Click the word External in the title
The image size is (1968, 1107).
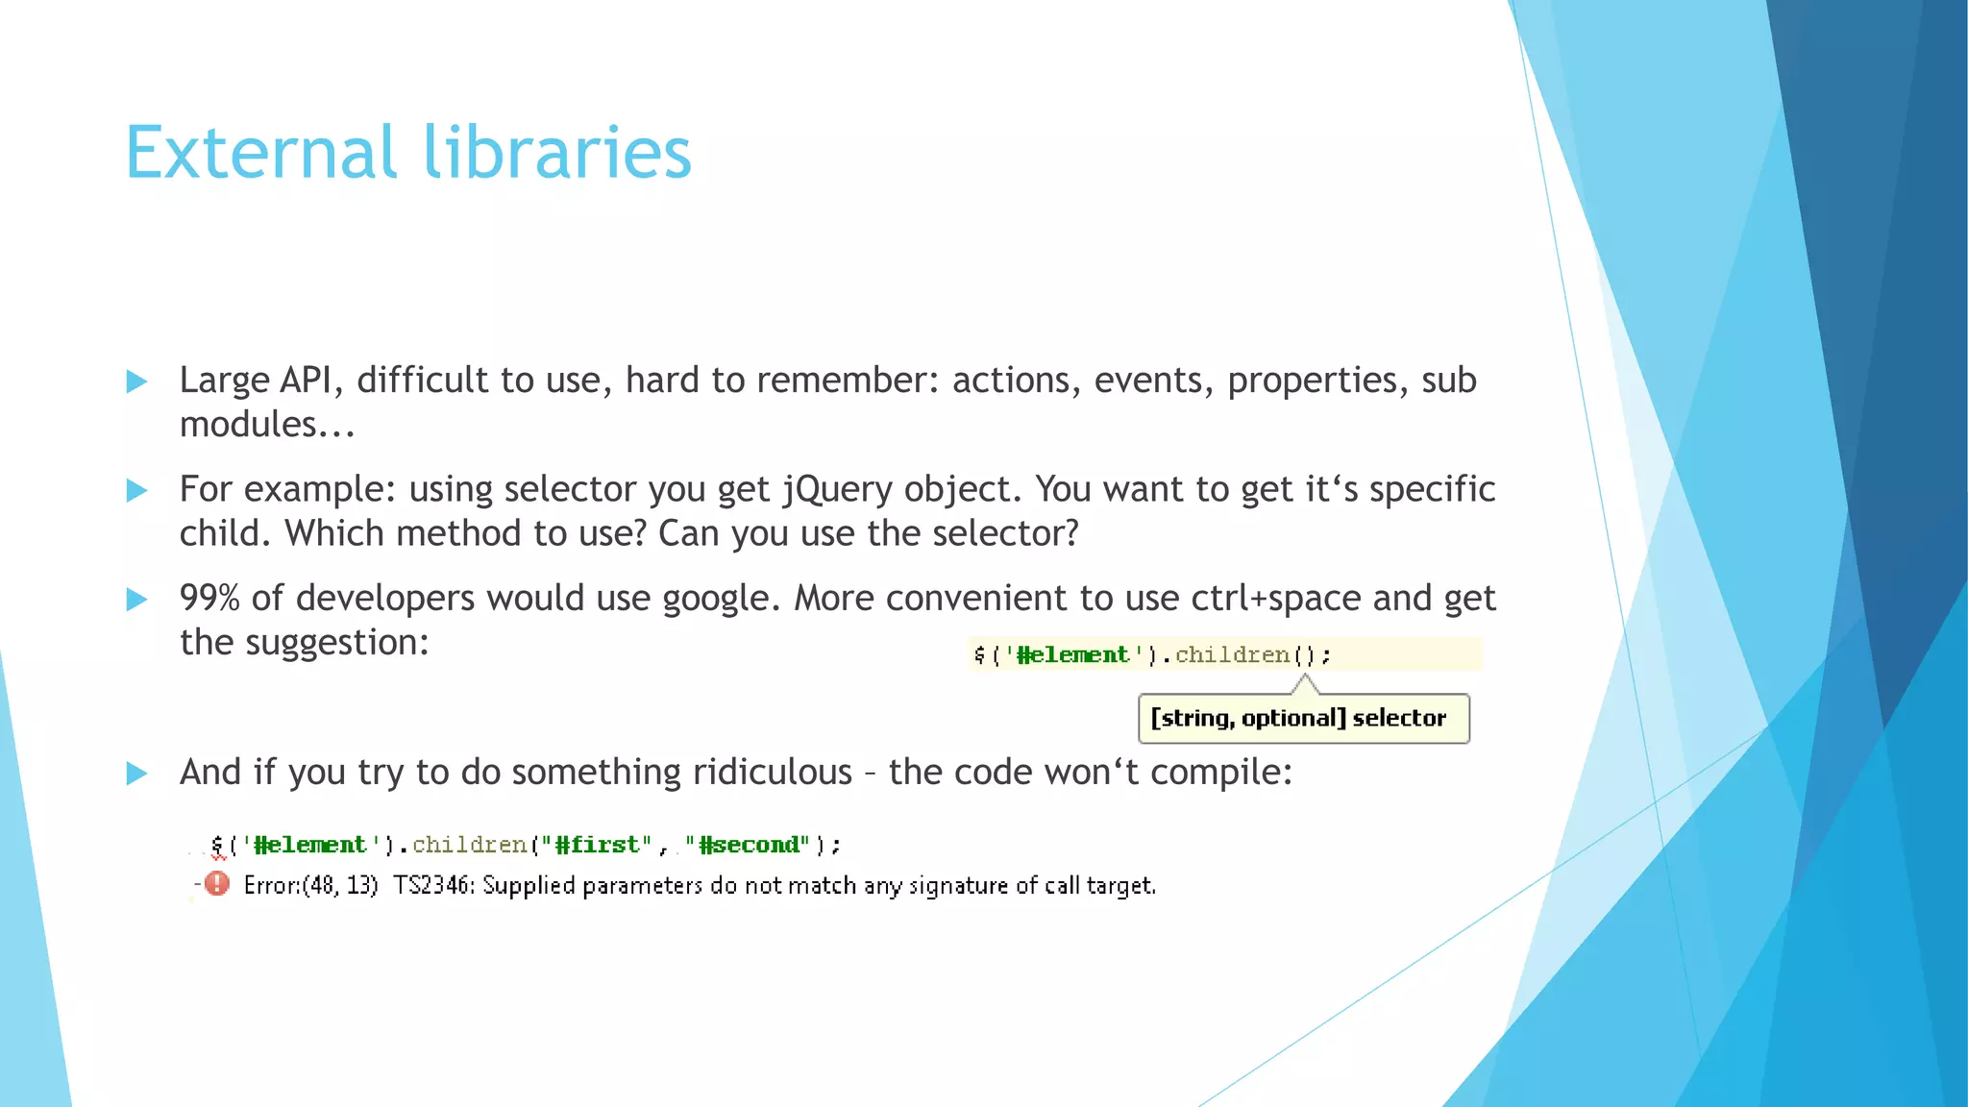(260, 153)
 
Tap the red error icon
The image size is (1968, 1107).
(218, 883)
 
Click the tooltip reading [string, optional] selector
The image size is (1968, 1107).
(1303, 719)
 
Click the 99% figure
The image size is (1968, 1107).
(209, 599)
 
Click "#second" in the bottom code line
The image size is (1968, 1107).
(747, 845)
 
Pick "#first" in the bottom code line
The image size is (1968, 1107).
(597, 845)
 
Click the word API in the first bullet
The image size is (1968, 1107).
(306, 381)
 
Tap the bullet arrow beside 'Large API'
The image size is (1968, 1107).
(137, 381)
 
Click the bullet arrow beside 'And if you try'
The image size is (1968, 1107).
(137, 774)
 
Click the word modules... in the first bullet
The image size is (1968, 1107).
(267, 425)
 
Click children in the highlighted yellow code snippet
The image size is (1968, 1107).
(1232, 655)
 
